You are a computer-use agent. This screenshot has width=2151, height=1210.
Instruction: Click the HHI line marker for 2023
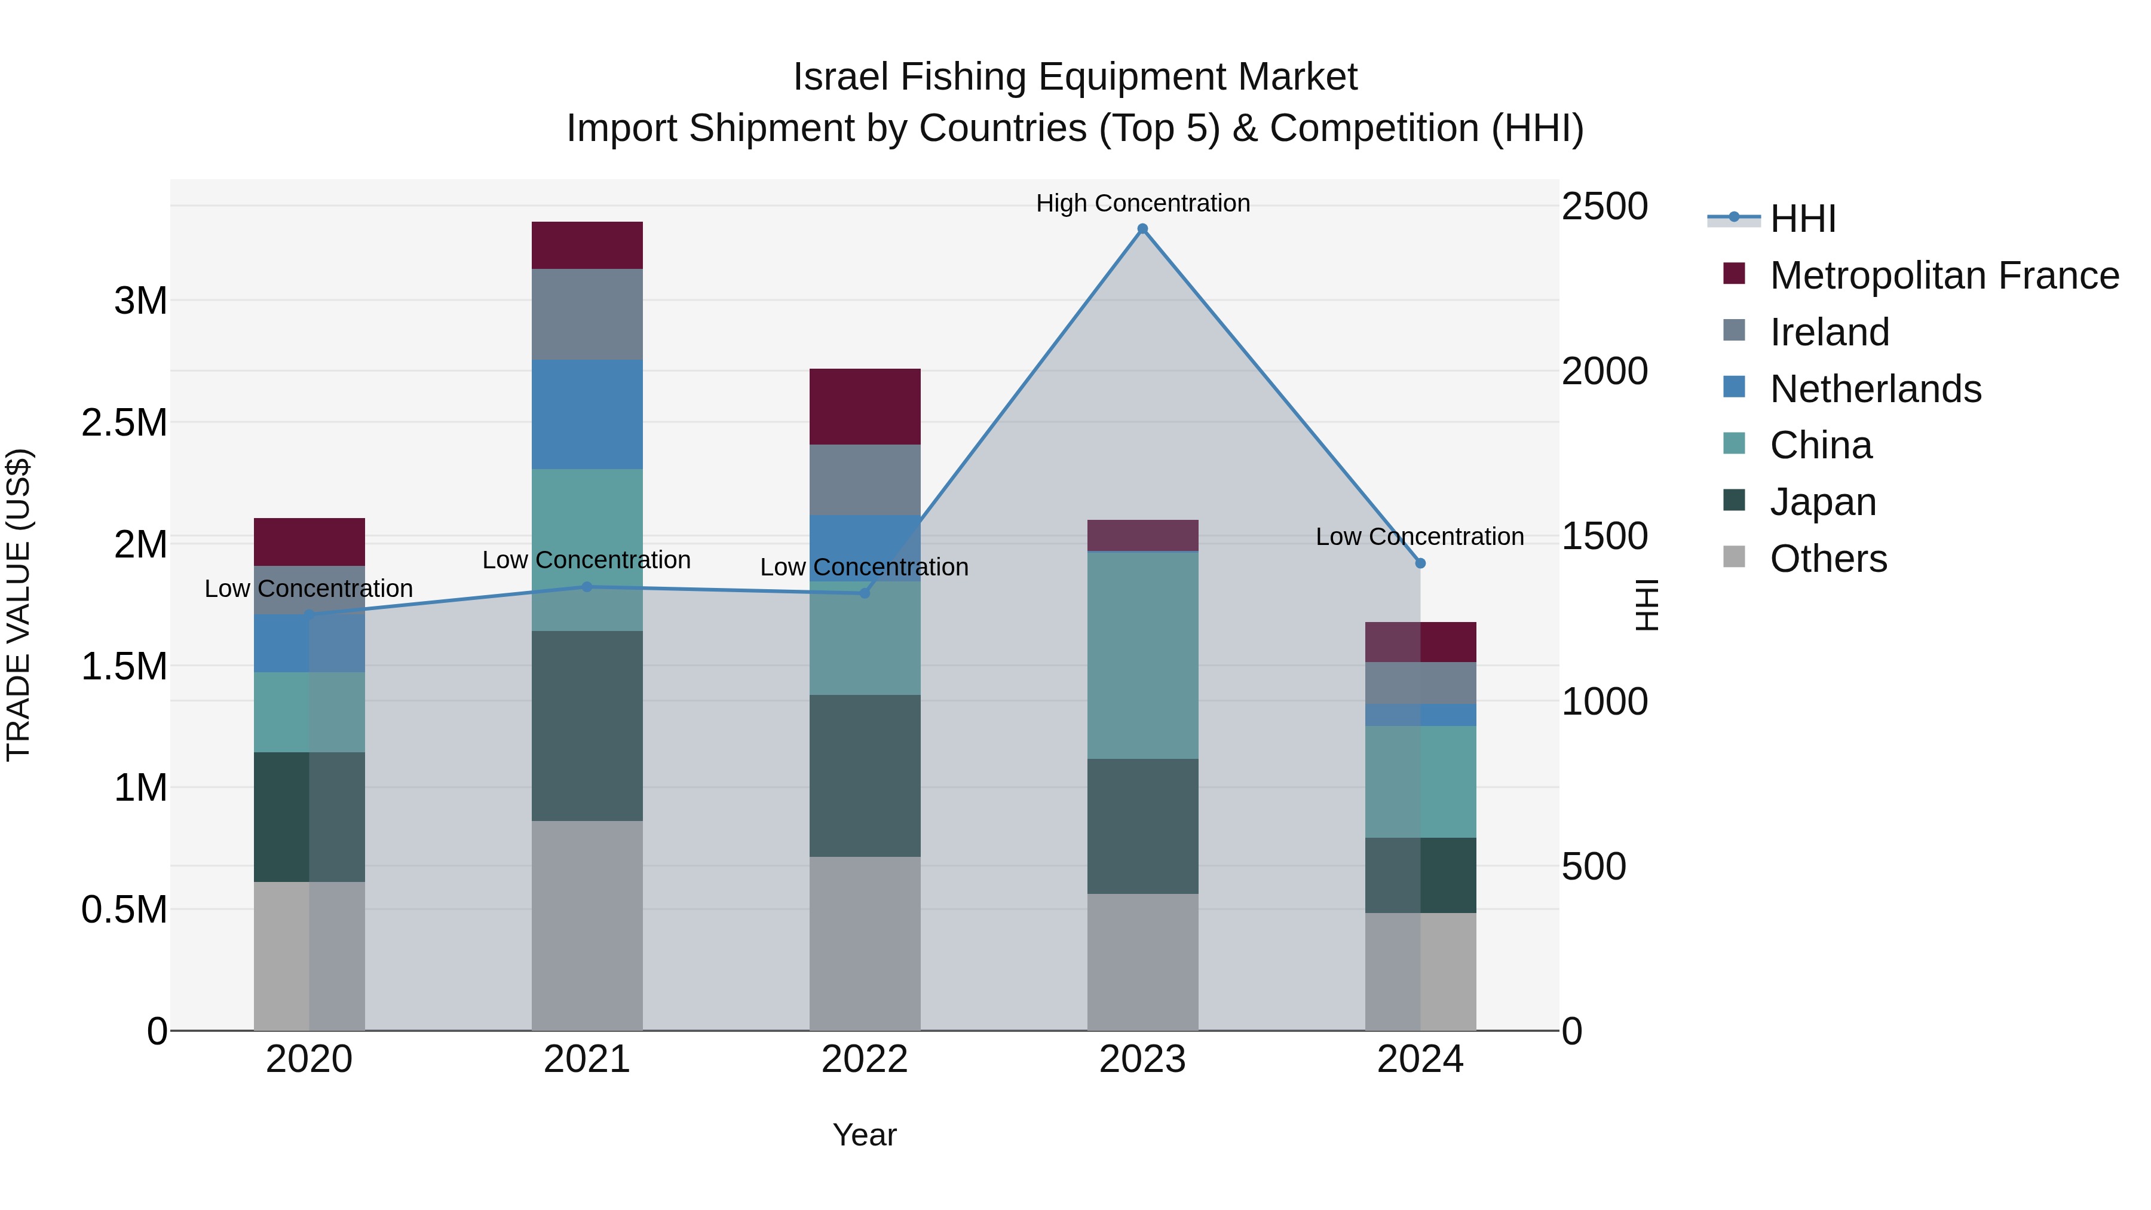(x=1142, y=229)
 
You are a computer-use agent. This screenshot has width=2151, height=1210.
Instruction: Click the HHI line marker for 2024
(x=1420, y=563)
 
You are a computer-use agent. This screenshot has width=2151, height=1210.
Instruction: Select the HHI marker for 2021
(x=587, y=587)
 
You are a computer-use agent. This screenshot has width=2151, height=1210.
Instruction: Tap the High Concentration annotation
(x=1142, y=203)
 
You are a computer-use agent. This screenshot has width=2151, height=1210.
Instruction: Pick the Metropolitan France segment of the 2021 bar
(x=587, y=246)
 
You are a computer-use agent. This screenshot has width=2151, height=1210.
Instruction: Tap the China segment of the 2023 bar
(x=1142, y=655)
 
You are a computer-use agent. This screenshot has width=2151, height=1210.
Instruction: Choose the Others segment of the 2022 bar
(x=865, y=943)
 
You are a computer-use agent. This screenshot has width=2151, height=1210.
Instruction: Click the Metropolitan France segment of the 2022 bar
(x=865, y=407)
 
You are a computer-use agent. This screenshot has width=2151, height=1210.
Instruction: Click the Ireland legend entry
(x=1829, y=332)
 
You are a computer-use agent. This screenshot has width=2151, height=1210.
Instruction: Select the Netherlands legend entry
(x=1874, y=389)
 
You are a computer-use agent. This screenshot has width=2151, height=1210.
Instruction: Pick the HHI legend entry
(x=1802, y=219)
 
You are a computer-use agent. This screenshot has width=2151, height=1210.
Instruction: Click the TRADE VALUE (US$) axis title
(x=19, y=605)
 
